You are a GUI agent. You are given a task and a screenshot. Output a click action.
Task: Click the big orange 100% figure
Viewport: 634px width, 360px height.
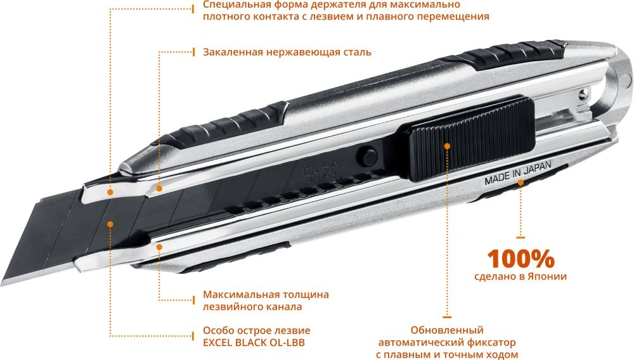coord(521,259)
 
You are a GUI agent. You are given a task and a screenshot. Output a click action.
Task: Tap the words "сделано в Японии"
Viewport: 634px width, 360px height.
coord(521,276)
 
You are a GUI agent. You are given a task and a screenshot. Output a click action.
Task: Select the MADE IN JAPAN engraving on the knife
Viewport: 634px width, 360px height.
coord(517,173)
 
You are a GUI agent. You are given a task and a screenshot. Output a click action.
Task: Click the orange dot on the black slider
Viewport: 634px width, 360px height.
coord(447,146)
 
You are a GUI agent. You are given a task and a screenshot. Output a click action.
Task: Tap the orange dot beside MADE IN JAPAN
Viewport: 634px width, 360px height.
coord(521,183)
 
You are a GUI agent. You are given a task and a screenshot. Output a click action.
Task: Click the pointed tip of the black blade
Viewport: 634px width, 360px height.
coord(2,284)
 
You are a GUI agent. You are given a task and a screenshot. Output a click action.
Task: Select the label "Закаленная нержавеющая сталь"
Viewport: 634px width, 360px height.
coord(287,52)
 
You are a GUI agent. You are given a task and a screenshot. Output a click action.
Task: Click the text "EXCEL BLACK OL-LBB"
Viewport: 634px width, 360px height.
coord(254,343)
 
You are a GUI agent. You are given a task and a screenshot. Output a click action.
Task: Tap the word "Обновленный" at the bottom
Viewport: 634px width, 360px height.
coord(447,330)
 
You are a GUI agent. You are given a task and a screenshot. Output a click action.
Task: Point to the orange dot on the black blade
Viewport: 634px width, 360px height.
coord(110,224)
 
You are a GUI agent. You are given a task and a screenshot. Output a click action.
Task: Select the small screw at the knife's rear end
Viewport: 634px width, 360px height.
coord(582,95)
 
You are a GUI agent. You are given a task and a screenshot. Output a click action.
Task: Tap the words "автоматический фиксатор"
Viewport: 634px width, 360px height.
coord(447,343)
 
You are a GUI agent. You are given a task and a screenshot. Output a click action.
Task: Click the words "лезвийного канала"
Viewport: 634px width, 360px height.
coord(252,307)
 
